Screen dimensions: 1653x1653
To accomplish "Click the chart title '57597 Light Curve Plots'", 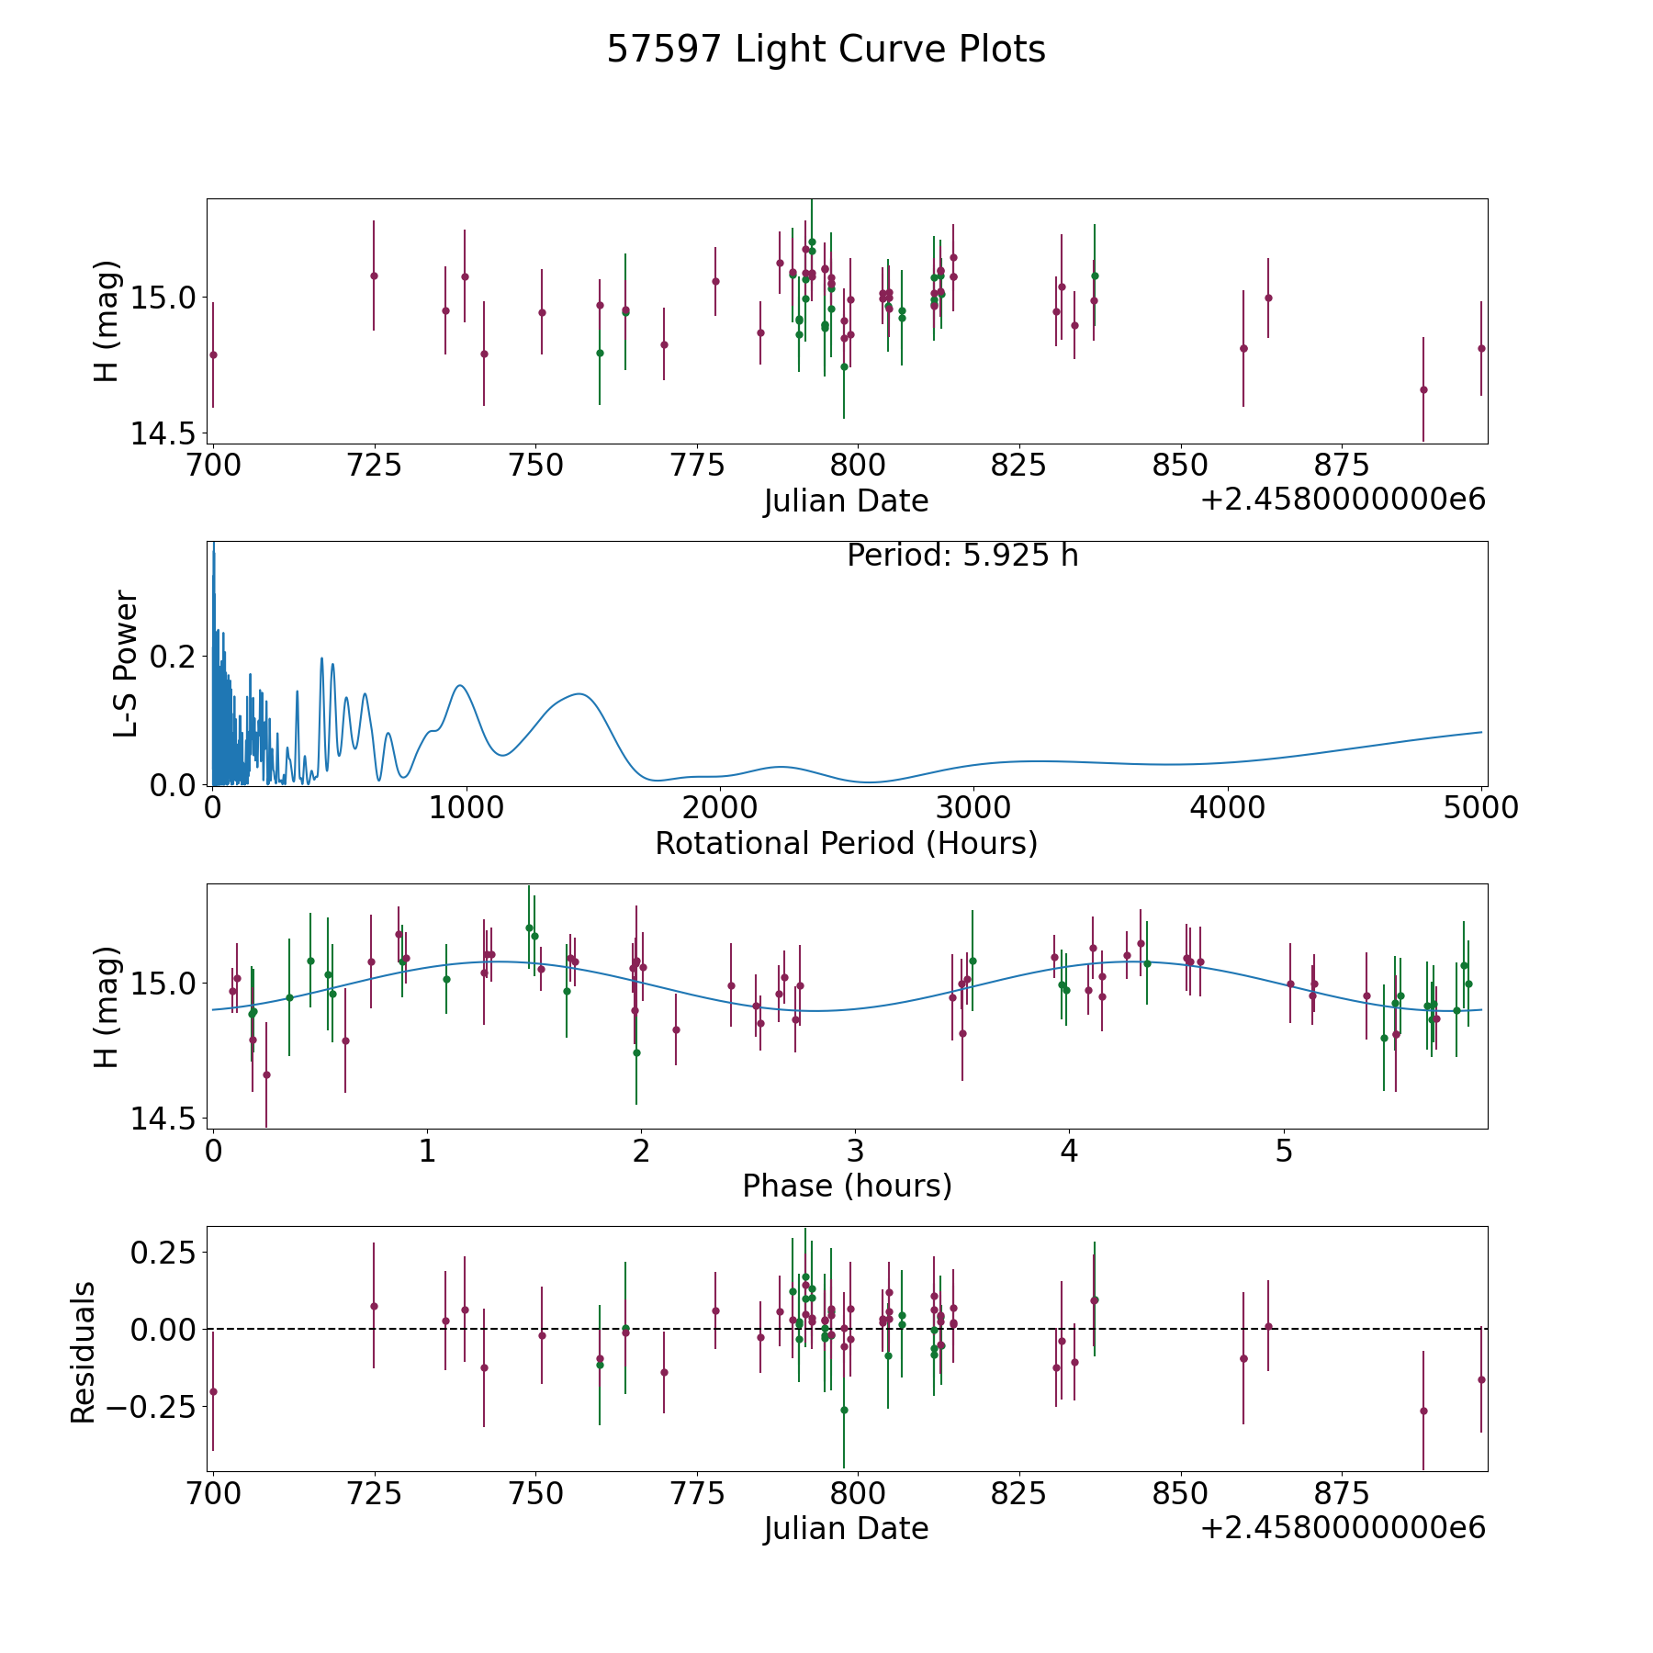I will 826,50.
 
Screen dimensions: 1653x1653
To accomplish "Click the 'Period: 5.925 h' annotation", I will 961,556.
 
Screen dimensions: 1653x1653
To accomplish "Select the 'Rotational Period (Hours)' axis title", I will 846,843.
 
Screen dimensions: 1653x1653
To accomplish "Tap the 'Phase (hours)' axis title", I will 846,1186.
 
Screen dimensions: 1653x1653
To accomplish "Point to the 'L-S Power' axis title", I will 126,664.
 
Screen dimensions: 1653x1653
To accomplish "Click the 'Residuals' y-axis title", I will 84,1352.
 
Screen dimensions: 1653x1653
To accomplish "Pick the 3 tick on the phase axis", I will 855,1151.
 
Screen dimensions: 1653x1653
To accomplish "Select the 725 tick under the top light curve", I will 374,466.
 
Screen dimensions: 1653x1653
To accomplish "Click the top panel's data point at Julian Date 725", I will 374,275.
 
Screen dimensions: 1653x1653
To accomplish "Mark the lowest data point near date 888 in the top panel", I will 1423,389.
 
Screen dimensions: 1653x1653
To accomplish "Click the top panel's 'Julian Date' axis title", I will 846,501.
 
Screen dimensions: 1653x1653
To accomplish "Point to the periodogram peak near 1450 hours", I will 579,694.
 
